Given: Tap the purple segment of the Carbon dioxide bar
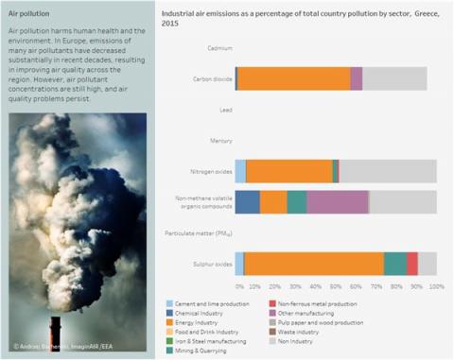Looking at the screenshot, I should (x=357, y=79).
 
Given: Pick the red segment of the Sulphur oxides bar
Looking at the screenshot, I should (x=412, y=264).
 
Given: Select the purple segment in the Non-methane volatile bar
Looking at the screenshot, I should (x=338, y=202).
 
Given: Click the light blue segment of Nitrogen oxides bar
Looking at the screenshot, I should (x=240, y=171).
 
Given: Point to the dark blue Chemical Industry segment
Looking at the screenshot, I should (x=248, y=202).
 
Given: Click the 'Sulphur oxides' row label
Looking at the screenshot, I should (x=209, y=264).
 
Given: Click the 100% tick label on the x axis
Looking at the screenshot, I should (x=436, y=285).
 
